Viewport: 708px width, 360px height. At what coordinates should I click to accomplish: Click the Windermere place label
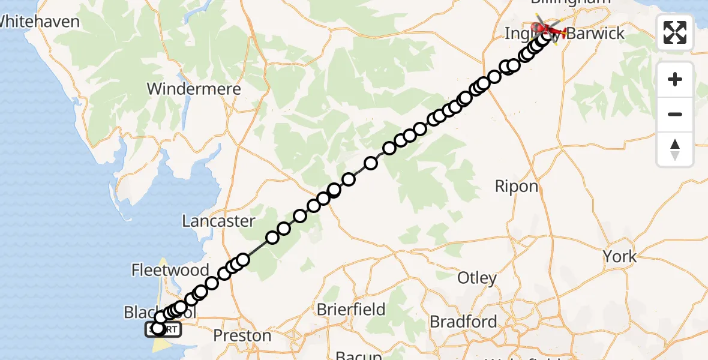194,89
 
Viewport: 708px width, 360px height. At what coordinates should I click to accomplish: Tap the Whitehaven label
40,22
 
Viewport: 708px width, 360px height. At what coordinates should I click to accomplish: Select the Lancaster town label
218,221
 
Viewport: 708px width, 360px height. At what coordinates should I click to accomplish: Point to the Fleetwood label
170,270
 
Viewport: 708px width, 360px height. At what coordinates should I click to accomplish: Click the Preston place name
242,335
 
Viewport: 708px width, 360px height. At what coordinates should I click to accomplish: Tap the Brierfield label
351,310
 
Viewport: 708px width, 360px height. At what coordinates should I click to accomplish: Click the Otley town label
477,278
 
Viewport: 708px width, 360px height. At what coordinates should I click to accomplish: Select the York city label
620,257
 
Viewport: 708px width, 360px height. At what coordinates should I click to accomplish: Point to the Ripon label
517,186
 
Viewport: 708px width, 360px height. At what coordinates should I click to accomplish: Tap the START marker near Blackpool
162,329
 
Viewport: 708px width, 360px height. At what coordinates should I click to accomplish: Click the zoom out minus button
675,114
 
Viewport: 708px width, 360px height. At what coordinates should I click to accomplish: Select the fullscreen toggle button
675,32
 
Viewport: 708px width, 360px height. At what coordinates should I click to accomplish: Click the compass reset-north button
675,149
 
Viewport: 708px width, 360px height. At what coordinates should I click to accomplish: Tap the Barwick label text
595,34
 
